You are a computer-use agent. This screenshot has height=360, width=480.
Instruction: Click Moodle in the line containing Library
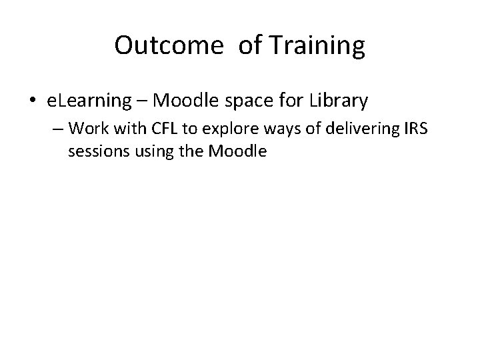(187, 101)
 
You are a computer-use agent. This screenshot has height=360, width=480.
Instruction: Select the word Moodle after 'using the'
(237, 151)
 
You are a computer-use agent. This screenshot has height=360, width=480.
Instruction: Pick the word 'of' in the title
(237, 45)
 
